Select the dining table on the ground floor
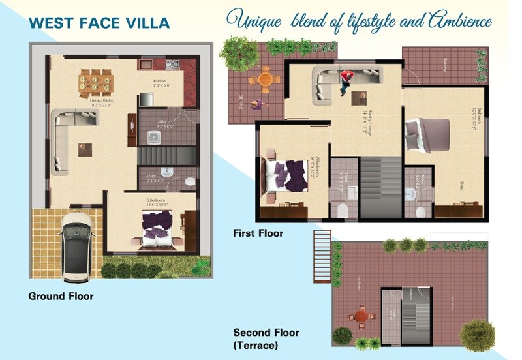[x=96, y=82]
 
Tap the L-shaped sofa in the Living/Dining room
[x=62, y=140]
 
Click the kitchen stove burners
[x=172, y=64]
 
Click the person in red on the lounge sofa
[x=345, y=78]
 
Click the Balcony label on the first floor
[x=446, y=65]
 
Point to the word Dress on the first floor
[x=461, y=185]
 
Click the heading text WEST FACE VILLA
[x=99, y=23]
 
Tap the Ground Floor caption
[x=61, y=296]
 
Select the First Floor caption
[x=258, y=233]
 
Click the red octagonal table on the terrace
[x=360, y=315]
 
